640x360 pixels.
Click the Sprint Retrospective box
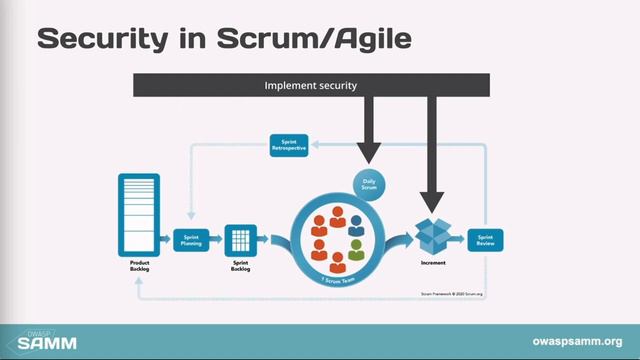point(290,145)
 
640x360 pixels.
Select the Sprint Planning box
point(190,239)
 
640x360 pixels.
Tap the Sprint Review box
point(487,239)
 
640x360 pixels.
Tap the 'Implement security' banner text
point(310,85)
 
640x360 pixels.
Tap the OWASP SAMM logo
point(45,340)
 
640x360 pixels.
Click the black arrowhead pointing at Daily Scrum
point(369,152)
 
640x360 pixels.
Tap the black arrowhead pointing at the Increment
point(434,198)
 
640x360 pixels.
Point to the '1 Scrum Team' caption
point(337,283)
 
